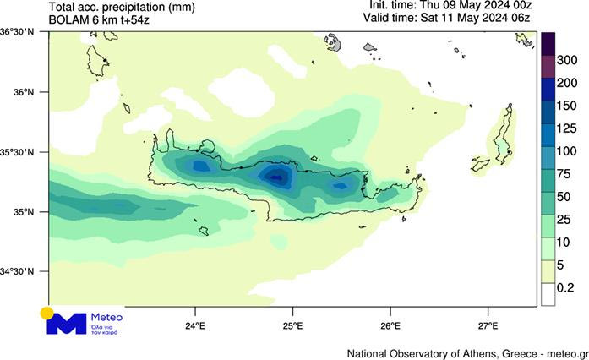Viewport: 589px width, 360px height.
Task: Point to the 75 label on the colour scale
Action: (x=564, y=174)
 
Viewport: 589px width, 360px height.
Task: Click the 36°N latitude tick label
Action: (x=16, y=92)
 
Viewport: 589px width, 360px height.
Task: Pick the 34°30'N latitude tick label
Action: (x=18, y=271)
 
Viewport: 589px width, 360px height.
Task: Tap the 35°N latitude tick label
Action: (x=16, y=212)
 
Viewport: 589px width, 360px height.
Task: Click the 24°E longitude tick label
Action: (x=195, y=325)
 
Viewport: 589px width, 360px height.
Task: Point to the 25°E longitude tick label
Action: (x=293, y=325)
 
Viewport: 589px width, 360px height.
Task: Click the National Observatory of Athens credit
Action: (x=466, y=352)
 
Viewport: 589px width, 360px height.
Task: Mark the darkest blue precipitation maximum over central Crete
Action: (x=275, y=176)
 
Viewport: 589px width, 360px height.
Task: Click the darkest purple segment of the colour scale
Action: (x=548, y=43)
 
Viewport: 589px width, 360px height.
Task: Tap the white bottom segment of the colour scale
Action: (x=548, y=293)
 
